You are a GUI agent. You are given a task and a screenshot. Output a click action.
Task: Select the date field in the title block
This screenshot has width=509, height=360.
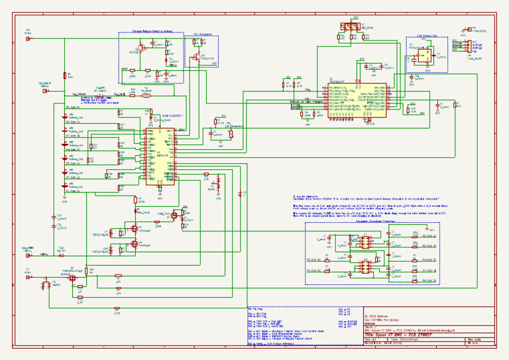(x=404, y=340)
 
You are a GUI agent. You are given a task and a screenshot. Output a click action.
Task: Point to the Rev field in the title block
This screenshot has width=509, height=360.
(x=473, y=340)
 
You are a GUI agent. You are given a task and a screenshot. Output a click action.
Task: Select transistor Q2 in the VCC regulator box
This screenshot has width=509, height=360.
(x=197, y=55)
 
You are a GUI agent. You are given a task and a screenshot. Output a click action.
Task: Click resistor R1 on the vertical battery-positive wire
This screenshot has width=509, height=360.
(x=65, y=76)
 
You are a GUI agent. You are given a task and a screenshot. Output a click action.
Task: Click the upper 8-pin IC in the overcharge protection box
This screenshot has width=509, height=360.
(x=364, y=244)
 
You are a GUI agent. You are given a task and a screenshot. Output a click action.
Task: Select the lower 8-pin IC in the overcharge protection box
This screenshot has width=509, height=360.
(x=364, y=267)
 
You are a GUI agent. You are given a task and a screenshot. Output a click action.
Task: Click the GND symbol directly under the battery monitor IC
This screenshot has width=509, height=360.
(x=160, y=194)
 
